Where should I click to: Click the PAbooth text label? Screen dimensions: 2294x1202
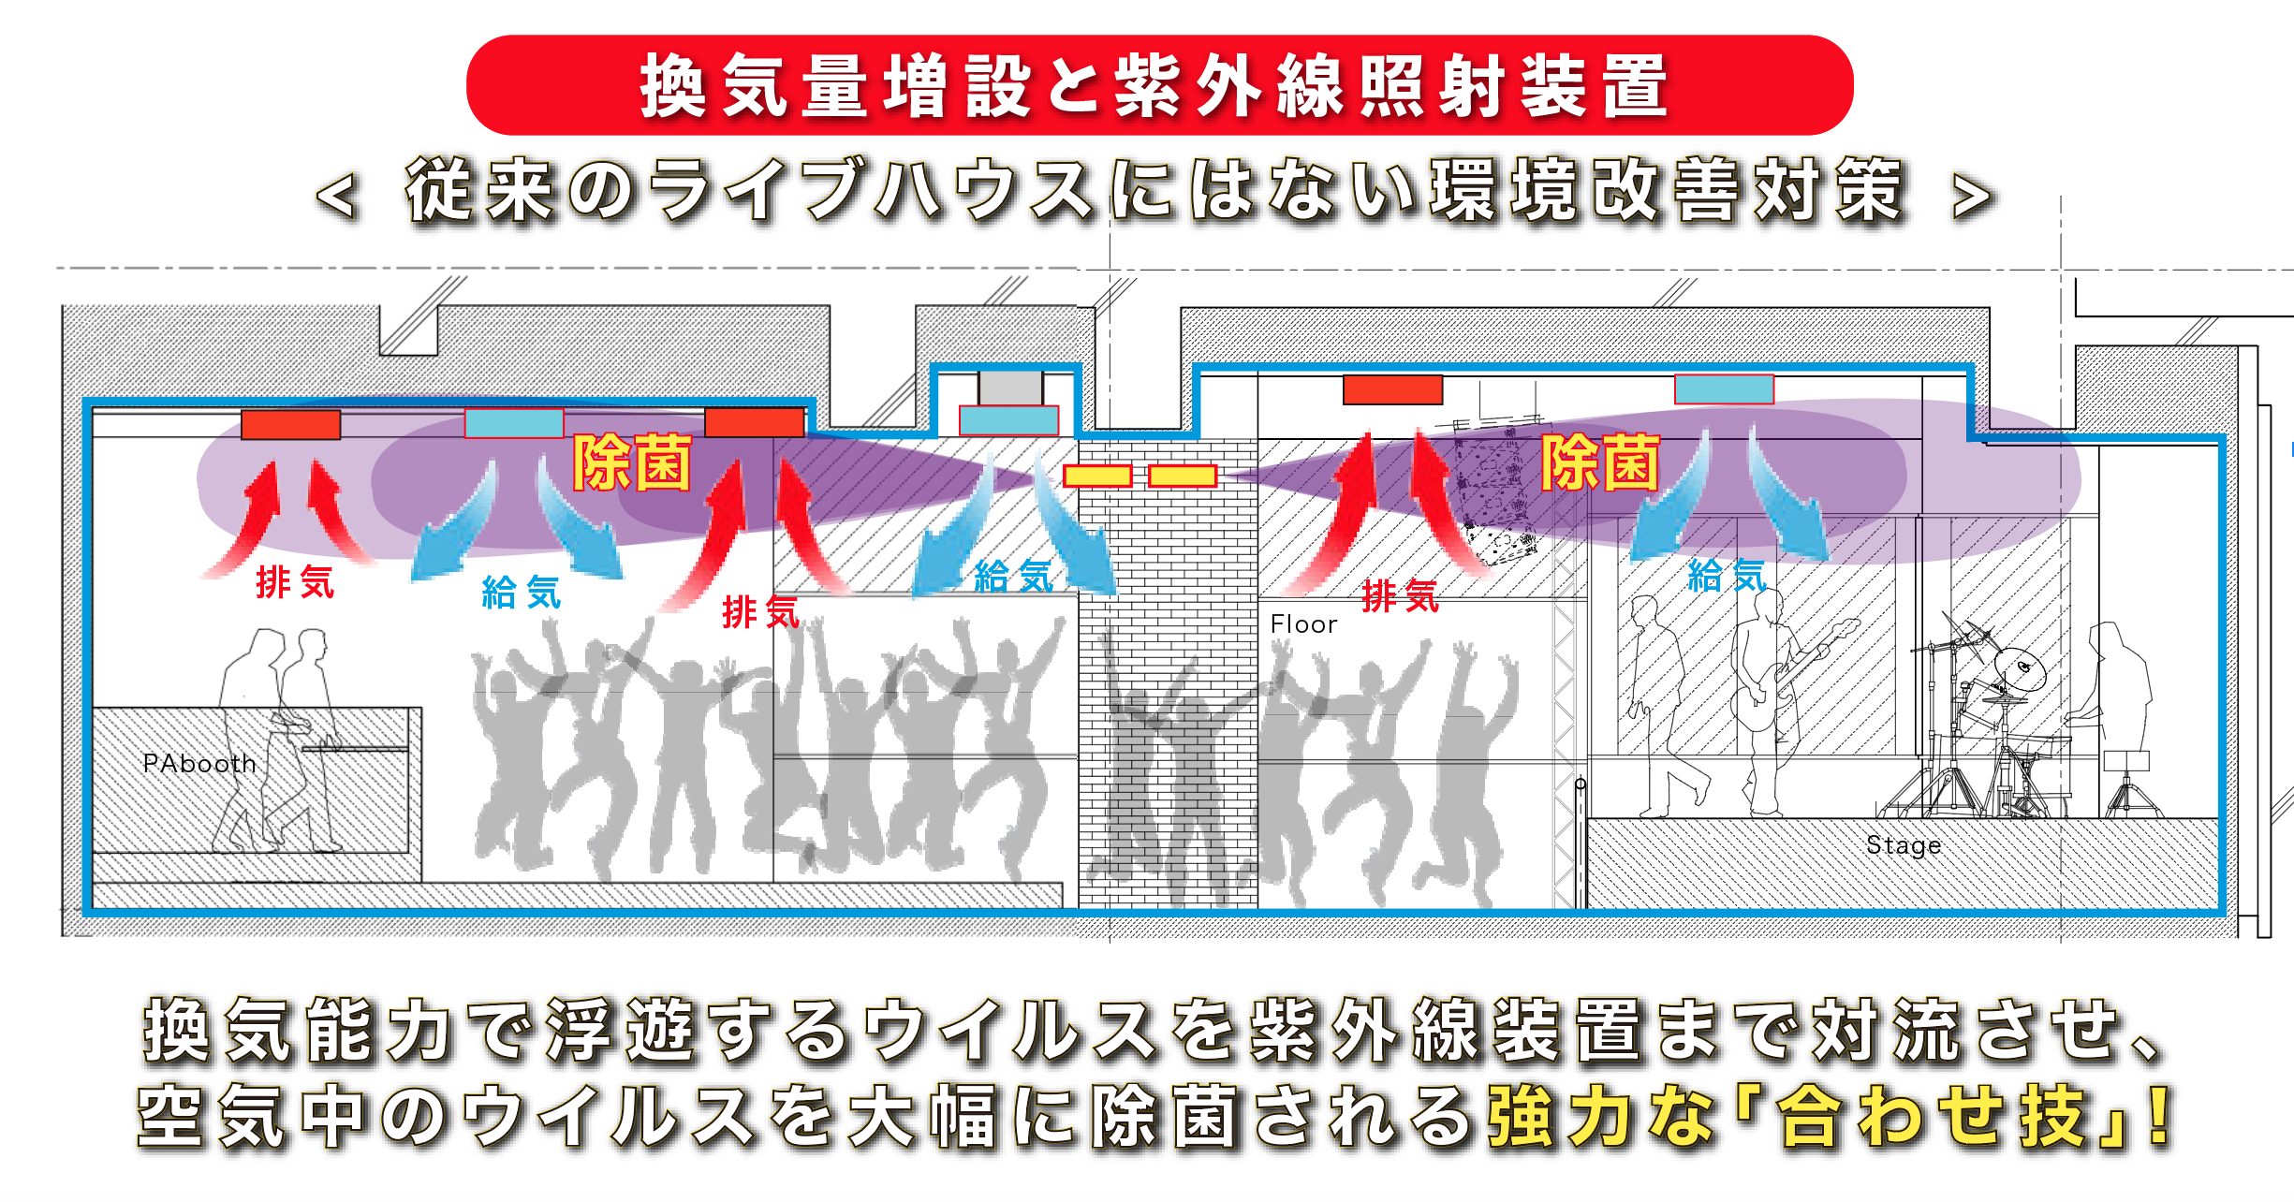(x=199, y=764)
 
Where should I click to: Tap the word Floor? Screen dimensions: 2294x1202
(x=1303, y=624)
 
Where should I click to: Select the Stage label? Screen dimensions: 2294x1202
(x=1904, y=845)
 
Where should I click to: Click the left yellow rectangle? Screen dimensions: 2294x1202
(x=1097, y=476)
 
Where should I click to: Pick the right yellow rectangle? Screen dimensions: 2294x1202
(x=1183, y=476)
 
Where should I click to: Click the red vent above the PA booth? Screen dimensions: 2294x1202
(x=291, y=424)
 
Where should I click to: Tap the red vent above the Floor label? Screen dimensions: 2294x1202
(x=1393, y=389)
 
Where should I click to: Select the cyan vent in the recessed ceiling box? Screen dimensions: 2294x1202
(x=1009, y=420)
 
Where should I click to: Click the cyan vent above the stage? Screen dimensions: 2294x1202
(x=1724, y=389)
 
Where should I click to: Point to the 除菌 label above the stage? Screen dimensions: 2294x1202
(x=1600, y=462)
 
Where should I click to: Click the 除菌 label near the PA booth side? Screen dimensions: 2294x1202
(x=632, y=462)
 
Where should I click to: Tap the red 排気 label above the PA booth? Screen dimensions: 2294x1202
(x=295, y=582)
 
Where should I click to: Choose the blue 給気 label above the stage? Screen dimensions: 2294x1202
(x=1728, y=575)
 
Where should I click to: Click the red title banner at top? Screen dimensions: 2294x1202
(x=1159, y=85)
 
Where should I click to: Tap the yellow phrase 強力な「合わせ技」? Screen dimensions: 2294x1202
(x=1831, y=1116)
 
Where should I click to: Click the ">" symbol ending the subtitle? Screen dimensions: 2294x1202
(x=1972, y=197)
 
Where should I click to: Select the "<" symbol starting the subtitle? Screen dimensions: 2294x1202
(x=336, y=197)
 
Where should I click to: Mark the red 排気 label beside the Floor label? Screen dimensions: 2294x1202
(x=1400, y=595)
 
